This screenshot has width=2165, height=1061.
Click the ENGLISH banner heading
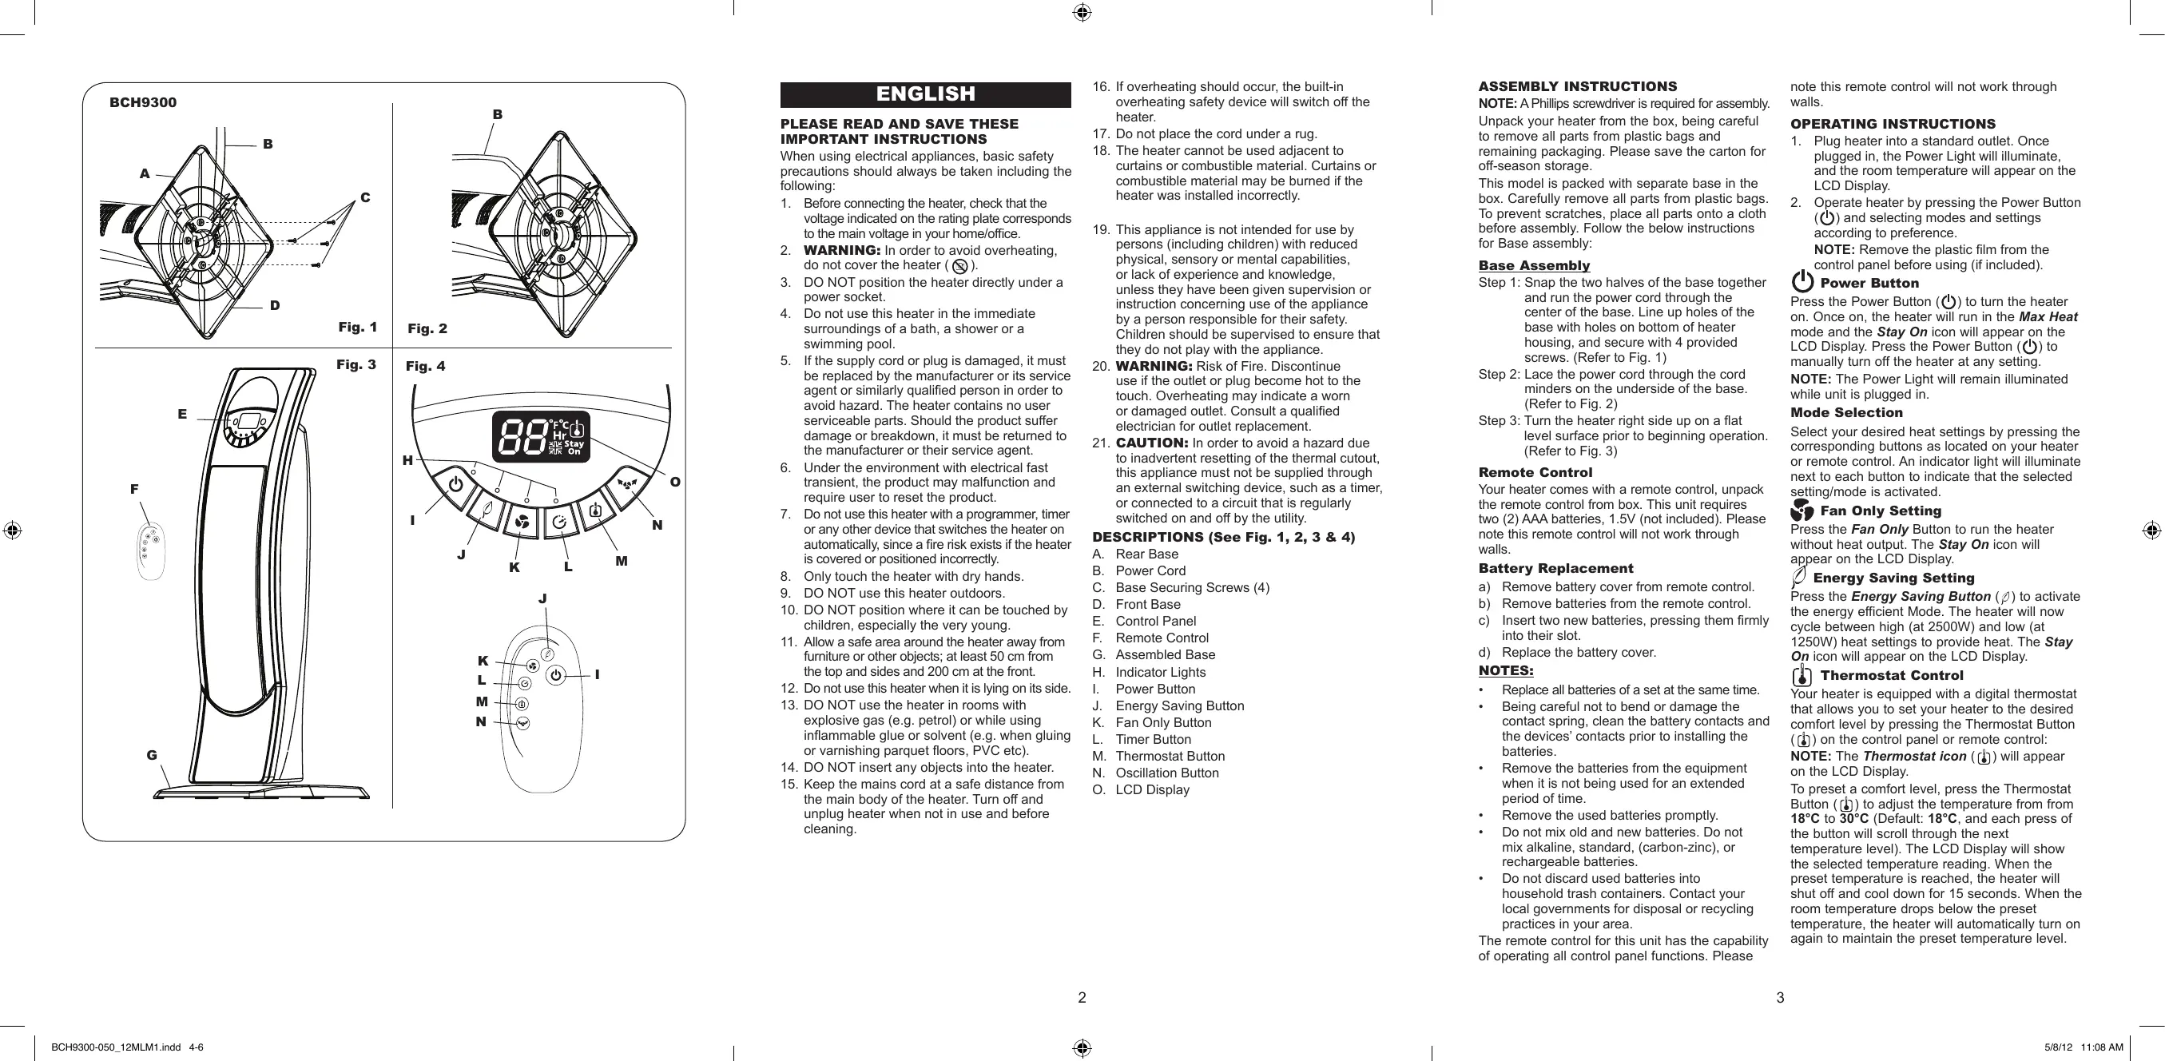(925, 94)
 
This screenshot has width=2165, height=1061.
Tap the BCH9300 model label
(143, 102)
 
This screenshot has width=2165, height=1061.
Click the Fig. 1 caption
(357, 327)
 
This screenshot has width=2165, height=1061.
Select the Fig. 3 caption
(356, 364)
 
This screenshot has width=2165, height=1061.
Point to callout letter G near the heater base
(152, 755)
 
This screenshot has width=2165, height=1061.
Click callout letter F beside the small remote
(134, 488)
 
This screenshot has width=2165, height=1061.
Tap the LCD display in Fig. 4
(540, 436)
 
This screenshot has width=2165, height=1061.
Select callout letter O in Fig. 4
(675, 482)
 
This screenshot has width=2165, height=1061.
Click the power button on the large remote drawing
(555, 674)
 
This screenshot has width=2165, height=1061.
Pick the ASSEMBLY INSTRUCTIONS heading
(1578, 86)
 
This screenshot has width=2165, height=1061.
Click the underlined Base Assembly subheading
(1534, 266)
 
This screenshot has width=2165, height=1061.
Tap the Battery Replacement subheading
(1555, 568)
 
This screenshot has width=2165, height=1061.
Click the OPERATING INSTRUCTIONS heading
(1893, 124)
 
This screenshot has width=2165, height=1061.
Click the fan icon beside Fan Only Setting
(1802, 511)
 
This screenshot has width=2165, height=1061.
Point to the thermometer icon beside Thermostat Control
(1802, 675)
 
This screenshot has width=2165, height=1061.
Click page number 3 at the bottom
(1779, 998)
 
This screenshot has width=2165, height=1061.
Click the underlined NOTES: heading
(1505, 670)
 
